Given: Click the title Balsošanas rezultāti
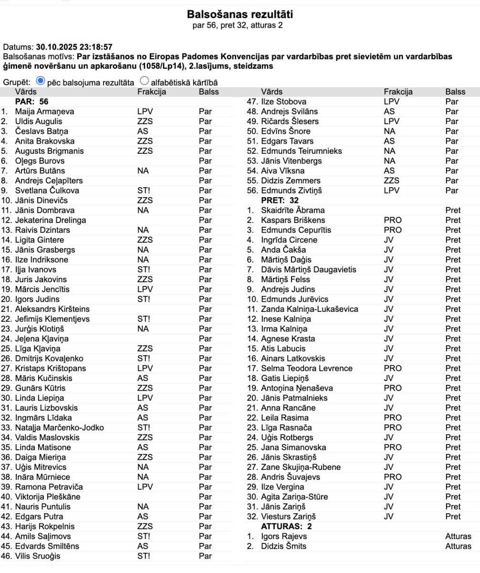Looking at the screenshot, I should coord(240,14).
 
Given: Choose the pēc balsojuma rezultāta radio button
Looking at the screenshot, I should coord(40,81).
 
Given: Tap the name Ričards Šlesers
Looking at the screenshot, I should coord(290,121).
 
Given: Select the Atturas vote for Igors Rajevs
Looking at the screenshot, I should coord(458,536).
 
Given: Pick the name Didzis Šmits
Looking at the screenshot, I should coord(283,546).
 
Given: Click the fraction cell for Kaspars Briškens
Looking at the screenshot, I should coord(392,220).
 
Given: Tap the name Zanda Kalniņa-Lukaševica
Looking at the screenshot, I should coord(309,309).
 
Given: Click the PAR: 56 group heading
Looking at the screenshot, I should coord(32,101).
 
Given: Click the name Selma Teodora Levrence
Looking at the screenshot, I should coord(307,368).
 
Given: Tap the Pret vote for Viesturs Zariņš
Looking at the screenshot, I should coord(452,517).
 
